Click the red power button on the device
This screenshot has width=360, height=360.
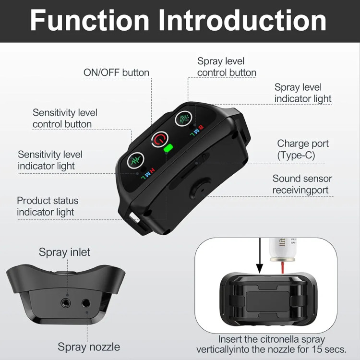pos(160,139)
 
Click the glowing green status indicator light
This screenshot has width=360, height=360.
pos(168,148)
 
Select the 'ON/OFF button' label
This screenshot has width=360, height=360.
pos(117,72)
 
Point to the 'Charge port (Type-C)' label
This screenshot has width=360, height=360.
pos(302,149)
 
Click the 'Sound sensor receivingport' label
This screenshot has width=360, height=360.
pos(302,184)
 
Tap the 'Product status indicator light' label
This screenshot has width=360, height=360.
pos(48,206)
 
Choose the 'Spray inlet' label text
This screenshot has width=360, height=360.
pos(64,252)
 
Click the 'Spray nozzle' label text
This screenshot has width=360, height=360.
pos(89,347)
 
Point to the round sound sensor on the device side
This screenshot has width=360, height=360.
pos(200,190)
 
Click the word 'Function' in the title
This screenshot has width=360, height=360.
pos(90,20)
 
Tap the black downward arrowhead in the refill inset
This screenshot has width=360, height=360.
pos(260,268)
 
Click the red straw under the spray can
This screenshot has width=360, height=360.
pos(283,267)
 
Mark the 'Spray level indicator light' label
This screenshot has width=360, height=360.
pos(302,93)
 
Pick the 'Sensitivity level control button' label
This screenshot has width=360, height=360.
pos(65,118)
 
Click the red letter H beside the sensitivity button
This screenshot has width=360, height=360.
pos(152,170)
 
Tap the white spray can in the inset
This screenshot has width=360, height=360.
pos(283,250)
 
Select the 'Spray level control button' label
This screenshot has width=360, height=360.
pos(227,67)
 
